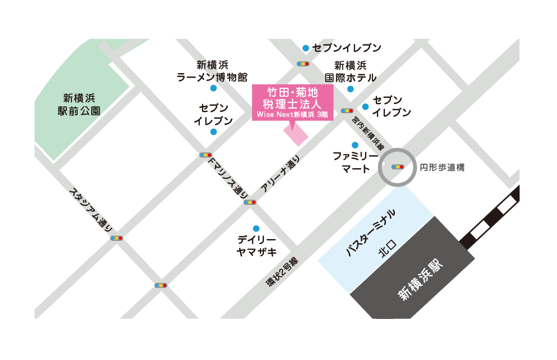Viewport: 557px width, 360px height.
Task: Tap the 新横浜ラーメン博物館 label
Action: (x=212, y=71)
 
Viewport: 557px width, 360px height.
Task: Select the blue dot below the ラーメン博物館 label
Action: (x=213, y=88)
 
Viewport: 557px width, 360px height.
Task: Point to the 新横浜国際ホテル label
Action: (x=350, y=71)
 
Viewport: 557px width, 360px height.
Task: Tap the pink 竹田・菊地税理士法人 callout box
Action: (x=292, y=101)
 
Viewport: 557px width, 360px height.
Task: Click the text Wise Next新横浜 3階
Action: (x=292, y=114)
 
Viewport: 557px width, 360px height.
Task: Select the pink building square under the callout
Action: (x=295, y=135)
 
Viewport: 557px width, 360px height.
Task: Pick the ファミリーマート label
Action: (x=351, y=161)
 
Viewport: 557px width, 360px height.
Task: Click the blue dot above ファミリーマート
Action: (x=354, y=145)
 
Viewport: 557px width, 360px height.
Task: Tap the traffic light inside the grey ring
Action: (x=398, y=167)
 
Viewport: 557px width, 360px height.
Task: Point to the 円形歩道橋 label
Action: (x=442, y=168)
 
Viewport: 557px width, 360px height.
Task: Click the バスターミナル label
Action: (x=371, y=233)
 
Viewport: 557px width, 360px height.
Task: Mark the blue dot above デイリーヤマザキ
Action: (x=256, y=228)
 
